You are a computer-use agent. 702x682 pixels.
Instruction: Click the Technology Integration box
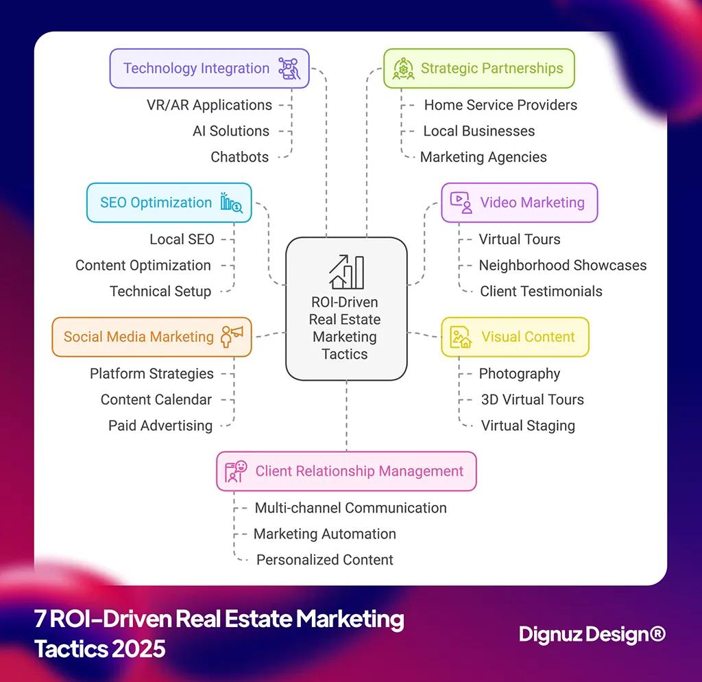(209, 69)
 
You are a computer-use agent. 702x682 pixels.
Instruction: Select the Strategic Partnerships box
(479, 69)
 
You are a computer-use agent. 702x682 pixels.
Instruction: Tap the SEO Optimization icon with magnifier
(231, 202)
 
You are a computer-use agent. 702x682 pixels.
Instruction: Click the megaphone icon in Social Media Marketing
(232, 336)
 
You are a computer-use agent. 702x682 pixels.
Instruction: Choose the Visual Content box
(515, 337)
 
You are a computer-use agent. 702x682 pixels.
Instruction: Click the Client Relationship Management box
(346, 471)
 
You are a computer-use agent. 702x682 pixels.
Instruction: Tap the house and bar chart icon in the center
(346, 272)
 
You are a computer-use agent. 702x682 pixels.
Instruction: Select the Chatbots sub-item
(240, 157)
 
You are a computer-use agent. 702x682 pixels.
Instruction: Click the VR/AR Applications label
(209, 105)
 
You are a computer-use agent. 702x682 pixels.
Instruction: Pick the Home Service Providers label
(500, 105)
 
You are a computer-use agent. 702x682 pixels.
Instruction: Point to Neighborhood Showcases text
(562, 266)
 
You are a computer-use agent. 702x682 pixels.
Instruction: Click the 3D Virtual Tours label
(531, 399)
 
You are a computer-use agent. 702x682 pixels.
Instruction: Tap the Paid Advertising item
(160, 425)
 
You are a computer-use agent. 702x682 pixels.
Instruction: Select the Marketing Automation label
(325, 534)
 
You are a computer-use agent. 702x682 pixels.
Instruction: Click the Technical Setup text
(160, 292)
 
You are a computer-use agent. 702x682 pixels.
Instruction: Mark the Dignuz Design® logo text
(592, 634)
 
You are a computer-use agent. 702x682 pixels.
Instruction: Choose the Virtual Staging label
(528, 425)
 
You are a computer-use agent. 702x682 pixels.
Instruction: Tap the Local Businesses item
(479, 131)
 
